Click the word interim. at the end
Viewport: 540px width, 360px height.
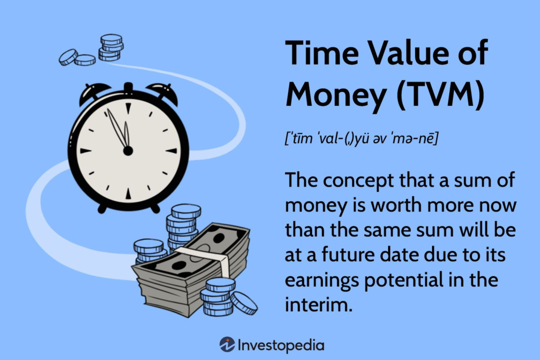[x=319, y=305]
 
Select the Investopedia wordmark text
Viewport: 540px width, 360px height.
[x=281, y=345]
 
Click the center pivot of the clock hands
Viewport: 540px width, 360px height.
[x=128, y=151]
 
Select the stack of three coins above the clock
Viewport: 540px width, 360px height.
[x=111, y=46]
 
